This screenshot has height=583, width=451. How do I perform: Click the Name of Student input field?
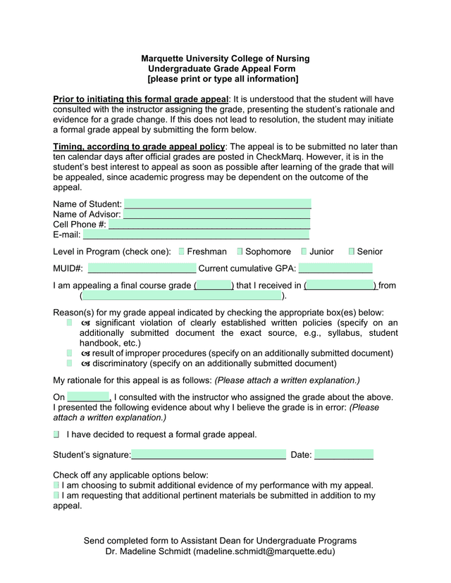(x=217, y=203)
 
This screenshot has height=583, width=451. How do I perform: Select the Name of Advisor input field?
(x=217, y=214)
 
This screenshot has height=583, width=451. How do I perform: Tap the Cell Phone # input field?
(x=209, y=225)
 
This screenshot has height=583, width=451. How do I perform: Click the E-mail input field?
(x=196, y=235)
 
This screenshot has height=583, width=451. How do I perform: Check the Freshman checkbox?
(x=182, y=251)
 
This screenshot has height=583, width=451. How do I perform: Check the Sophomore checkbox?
(x=240, y=251)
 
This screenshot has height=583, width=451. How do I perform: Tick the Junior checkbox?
(x=304, y=251)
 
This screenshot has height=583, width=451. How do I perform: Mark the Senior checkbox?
(x=352, y=251)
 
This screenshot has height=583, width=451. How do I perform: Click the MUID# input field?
(x=142, y=268)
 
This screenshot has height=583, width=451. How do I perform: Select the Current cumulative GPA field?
(x=335, y=268)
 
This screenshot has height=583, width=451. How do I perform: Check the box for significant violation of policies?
(x=70, y=322)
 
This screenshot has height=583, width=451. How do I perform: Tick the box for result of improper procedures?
(x=70, y=353)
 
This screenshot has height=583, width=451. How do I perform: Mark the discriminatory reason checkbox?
(x=70, y=363)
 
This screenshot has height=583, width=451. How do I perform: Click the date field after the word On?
(x=89, y=397)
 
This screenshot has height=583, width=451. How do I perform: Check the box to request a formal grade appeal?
(x=56, y=434)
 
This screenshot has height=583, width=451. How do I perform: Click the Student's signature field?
(x=209, y=455)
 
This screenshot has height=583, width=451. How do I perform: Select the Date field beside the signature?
(x=343, y=455)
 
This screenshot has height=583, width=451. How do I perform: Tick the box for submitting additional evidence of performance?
(x=56, y=485)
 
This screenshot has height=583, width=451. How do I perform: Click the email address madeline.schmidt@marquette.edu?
(x=264, y=551)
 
